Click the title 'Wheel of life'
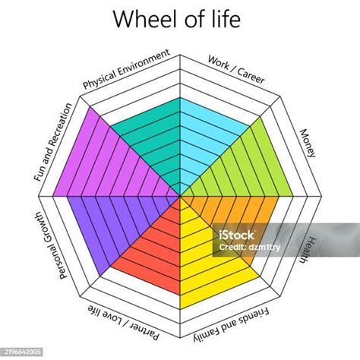(x=177, y=19)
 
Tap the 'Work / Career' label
(x=236, y=70)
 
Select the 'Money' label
(x=308, y=144)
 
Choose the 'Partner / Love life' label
(x=124, y=322)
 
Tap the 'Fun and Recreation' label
(x=53, y=142)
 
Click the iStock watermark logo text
(x=235, y=235)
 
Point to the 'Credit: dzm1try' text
(x=249, y=248)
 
